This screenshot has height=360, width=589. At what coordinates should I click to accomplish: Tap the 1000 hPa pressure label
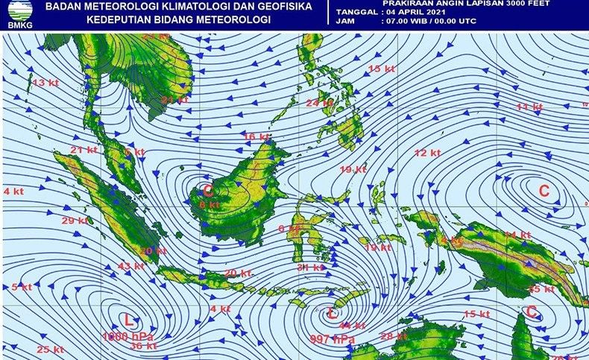point(124,336)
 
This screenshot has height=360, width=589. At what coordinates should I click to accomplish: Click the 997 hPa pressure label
point(332,339)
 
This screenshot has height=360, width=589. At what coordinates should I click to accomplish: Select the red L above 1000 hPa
point(128,321)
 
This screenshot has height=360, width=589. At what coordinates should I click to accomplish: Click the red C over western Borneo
point(208,189)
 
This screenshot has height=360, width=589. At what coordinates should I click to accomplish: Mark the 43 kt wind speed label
point(130,266)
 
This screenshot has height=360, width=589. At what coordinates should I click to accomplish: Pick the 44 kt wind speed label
point(352,325)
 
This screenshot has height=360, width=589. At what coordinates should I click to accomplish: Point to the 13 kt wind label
point(45,82)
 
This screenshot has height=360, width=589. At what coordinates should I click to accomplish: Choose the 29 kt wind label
point(75,220)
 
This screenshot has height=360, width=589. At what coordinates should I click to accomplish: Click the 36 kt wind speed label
point(143,346)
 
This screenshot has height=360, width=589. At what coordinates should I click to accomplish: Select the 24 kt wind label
point(319,102)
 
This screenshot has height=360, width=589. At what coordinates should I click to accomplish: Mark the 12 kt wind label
point(427,153)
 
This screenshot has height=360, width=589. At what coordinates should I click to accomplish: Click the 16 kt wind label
point(256,136)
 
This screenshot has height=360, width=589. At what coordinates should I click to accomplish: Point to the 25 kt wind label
point(51,350)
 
